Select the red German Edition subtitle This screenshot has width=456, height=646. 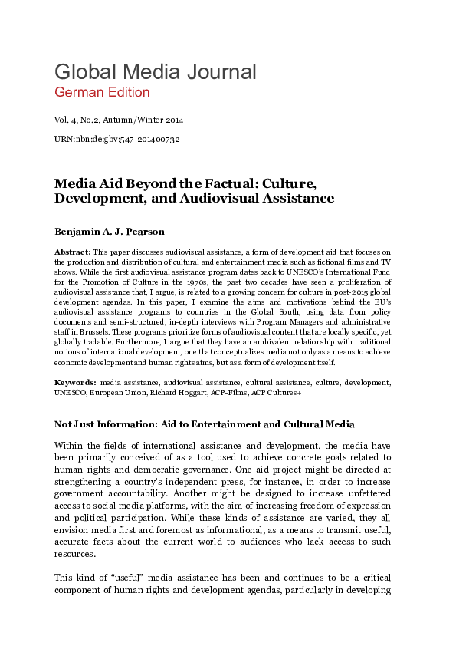coord(102,93)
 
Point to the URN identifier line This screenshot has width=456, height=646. coord(116,140)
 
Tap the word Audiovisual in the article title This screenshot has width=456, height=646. coord(280,198)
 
